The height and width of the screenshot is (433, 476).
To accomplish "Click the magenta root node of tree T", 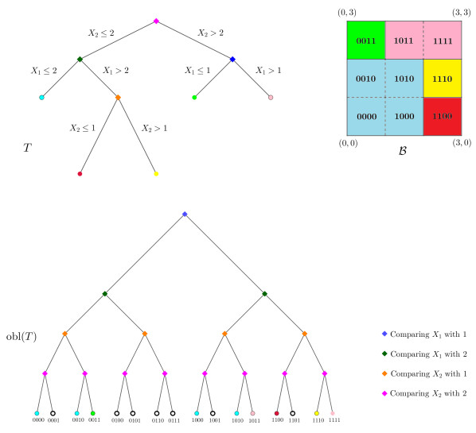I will pos(156,21).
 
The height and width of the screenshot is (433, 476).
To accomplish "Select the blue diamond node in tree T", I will pos(232,59).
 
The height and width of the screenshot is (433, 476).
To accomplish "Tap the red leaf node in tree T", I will pos(80,173).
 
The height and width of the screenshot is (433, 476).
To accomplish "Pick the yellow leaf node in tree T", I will pos(156,173).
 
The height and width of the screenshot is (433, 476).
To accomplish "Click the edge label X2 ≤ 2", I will pos(103,34).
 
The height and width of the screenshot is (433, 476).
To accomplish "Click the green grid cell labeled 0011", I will pos(366,40).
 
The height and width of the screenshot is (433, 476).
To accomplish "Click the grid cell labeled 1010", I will pos(404,78).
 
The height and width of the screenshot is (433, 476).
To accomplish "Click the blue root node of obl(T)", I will pos(185,214).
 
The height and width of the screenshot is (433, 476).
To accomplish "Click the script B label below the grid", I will pos(402,148).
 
